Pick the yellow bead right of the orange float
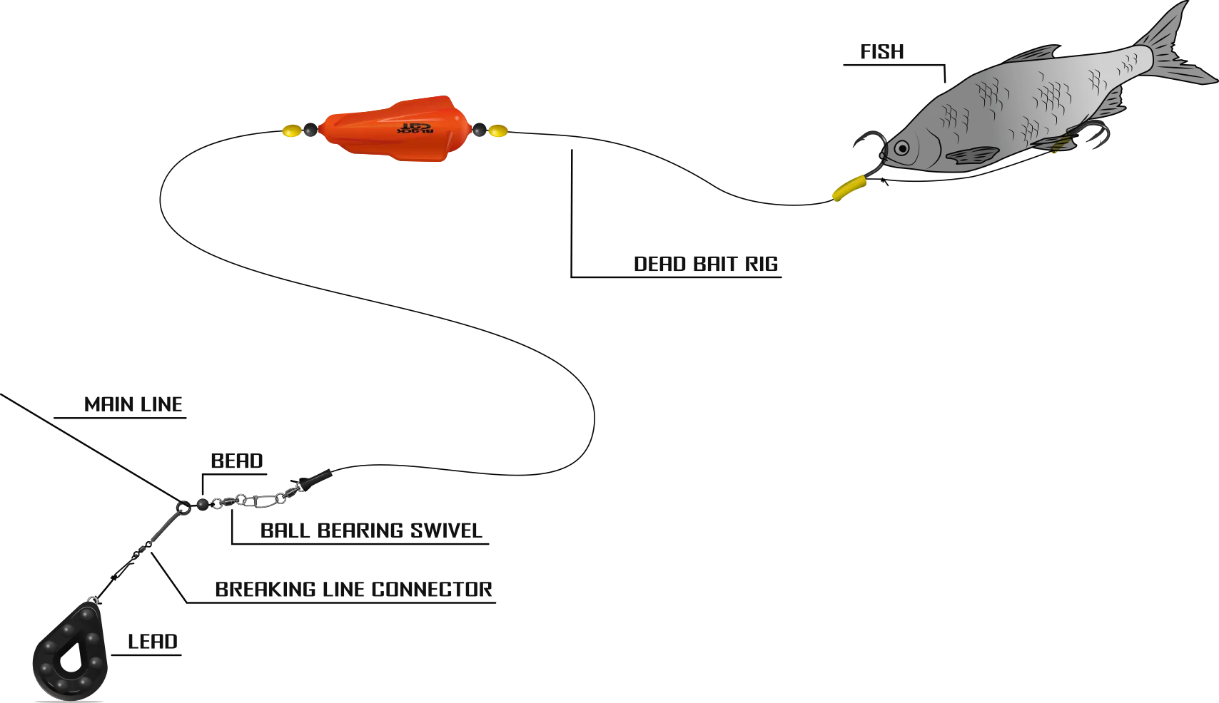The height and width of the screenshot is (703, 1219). click(x=497, y=130)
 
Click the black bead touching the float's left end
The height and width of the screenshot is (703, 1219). click(x=310, y=130)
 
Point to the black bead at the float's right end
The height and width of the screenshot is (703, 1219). click(x=479, y=130)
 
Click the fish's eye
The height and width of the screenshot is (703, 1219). click(x=902, y=148)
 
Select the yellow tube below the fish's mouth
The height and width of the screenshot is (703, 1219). click(x=848, y=187)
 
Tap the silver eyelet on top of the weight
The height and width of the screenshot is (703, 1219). click(x=91, y=599)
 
